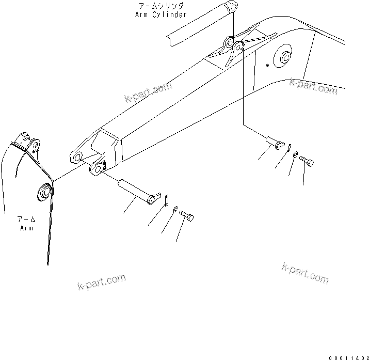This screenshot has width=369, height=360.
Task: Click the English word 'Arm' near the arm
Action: (x=26, y=228)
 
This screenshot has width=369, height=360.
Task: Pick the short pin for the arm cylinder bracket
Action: (x=274, y=142)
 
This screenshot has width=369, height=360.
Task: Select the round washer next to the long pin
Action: (x=177, y=209)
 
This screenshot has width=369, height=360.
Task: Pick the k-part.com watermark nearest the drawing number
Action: (x=305, y=272)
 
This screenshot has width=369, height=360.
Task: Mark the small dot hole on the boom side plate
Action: (x=266, y=66)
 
